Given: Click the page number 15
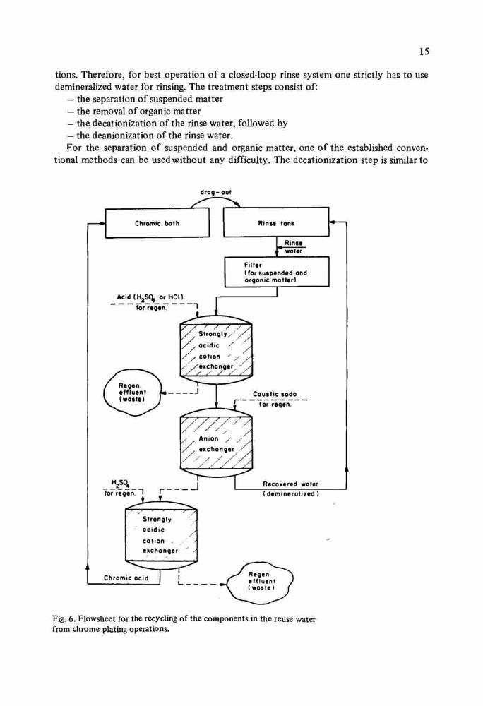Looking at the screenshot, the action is [x=424, y=51].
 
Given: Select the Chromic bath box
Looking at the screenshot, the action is [x=157, y=223].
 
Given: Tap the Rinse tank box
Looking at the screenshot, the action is [x=276, y=222].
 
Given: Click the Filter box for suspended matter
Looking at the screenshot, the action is [x=276, y=272].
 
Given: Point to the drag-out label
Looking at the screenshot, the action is [x=215, y=193].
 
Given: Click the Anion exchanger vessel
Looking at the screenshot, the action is [x=216, y=443].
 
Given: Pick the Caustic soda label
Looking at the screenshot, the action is [x=275, y=394].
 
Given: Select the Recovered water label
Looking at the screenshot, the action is [x=290, y=484].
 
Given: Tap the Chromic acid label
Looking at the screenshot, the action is [x=126, y=578].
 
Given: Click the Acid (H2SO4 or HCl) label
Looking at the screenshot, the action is [x=150, y=297].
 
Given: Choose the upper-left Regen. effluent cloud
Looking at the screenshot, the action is [x=132, y=392].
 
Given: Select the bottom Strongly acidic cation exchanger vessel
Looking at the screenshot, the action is [x=161, y=537].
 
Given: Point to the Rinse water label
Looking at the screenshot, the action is [x=294, y=246].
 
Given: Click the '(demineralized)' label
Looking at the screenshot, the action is [x=291, y=494].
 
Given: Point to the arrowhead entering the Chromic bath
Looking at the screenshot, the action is [x=102, y=223].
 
